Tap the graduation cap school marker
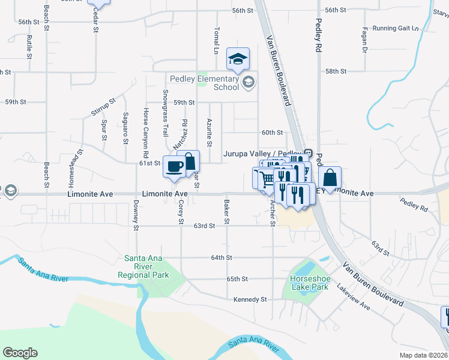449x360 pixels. click(238, 59)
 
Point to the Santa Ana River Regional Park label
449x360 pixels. click(146, 267)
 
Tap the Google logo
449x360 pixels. click(20, 353)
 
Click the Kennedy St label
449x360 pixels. click(250, 299)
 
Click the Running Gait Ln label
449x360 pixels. click(395, 28)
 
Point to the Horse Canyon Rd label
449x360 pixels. click(145, 130)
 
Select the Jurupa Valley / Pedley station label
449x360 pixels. click(262, 154)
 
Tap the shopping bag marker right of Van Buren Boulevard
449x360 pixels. click(330, 178)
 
